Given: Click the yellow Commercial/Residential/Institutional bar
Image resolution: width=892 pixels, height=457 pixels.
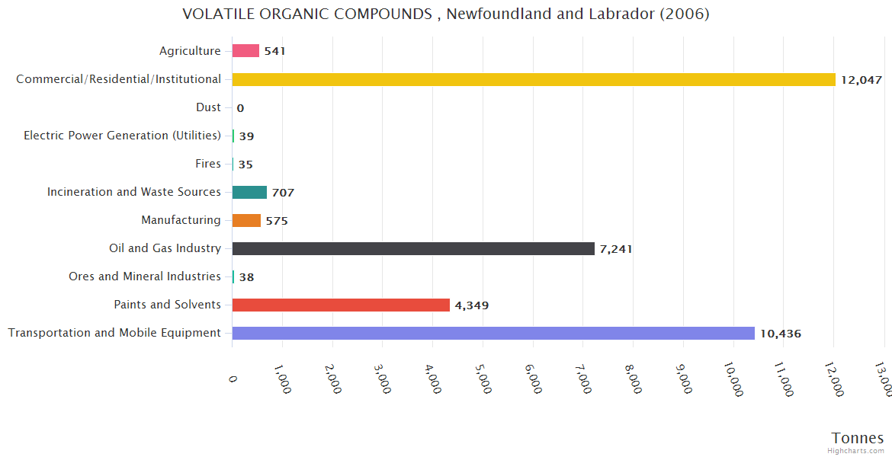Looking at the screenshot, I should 534,79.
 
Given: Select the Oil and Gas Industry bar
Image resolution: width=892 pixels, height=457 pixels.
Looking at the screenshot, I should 413,248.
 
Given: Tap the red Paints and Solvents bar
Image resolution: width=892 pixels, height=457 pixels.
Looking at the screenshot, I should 341,305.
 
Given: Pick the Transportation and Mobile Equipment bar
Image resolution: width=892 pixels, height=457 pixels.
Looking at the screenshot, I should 493,333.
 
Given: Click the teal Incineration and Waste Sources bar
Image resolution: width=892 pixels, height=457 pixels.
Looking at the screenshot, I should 249,192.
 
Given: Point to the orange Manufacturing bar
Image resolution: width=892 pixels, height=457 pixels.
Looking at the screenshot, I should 246,220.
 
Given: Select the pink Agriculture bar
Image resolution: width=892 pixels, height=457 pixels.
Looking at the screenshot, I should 245,51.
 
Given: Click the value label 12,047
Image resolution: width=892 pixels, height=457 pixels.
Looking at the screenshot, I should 861,80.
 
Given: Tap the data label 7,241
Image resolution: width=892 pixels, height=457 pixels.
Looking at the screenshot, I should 616,249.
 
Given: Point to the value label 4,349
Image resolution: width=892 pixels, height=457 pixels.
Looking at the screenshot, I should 471,305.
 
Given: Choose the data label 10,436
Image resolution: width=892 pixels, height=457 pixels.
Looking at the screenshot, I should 780,334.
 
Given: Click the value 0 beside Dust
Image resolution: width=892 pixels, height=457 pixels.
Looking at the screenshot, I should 240,108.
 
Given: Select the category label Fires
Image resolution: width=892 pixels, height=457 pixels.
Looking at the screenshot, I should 208,164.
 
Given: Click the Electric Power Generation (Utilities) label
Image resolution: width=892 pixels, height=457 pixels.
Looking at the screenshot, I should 122,136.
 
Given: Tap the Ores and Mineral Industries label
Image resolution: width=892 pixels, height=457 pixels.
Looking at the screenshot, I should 145,276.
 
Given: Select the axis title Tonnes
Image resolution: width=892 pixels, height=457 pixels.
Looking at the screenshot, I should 857,438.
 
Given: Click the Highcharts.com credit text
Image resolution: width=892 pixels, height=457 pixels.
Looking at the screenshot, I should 857,451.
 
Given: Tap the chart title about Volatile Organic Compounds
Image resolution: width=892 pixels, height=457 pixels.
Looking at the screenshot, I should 446,14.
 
